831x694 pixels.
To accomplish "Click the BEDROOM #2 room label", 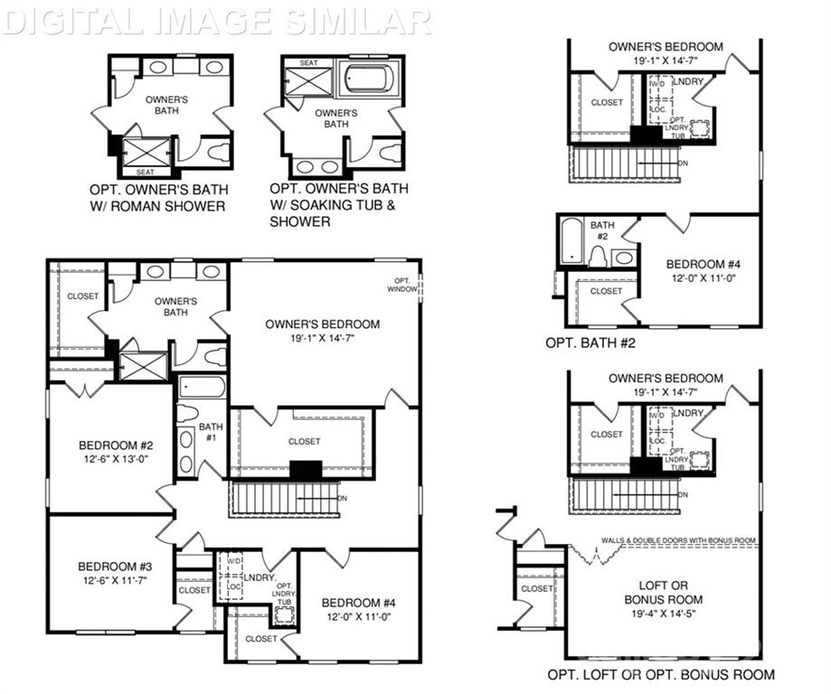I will tap(110, 445).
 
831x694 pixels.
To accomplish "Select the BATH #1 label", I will tap(211, 432).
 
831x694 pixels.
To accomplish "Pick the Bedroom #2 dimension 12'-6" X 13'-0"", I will tap(110, 459).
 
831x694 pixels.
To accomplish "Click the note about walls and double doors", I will tap(678, 540).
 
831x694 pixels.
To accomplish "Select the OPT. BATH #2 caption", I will tap(593, 342).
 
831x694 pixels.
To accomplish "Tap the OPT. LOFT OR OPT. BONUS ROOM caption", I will tap(660, 674).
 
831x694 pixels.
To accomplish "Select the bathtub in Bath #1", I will tap(201, 387).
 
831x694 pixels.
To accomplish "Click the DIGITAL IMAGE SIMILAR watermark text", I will tap(217, 20).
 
